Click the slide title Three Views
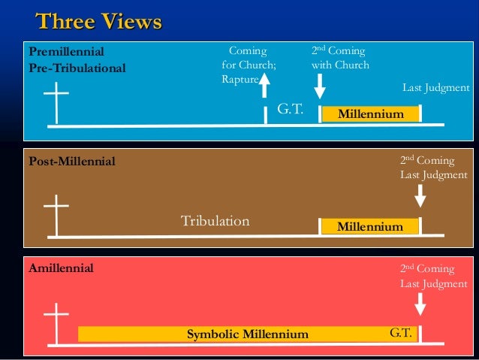click(98, 22)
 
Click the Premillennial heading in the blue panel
click(66, 52)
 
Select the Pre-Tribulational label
click(77, 68)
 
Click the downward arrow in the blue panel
click(320, 86)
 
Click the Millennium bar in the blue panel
click(370, 114)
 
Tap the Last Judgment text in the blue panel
click(436, 89)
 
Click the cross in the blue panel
click(56, 103)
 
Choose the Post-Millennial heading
click(72, 162)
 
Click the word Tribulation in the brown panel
click(215, 221)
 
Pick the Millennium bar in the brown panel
click(369, 226)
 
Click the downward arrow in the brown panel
click(420, 195)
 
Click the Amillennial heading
click(62, 268)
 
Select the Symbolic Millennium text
click(247, 334)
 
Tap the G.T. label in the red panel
click(399, 331)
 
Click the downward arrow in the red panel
click(420, 303)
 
